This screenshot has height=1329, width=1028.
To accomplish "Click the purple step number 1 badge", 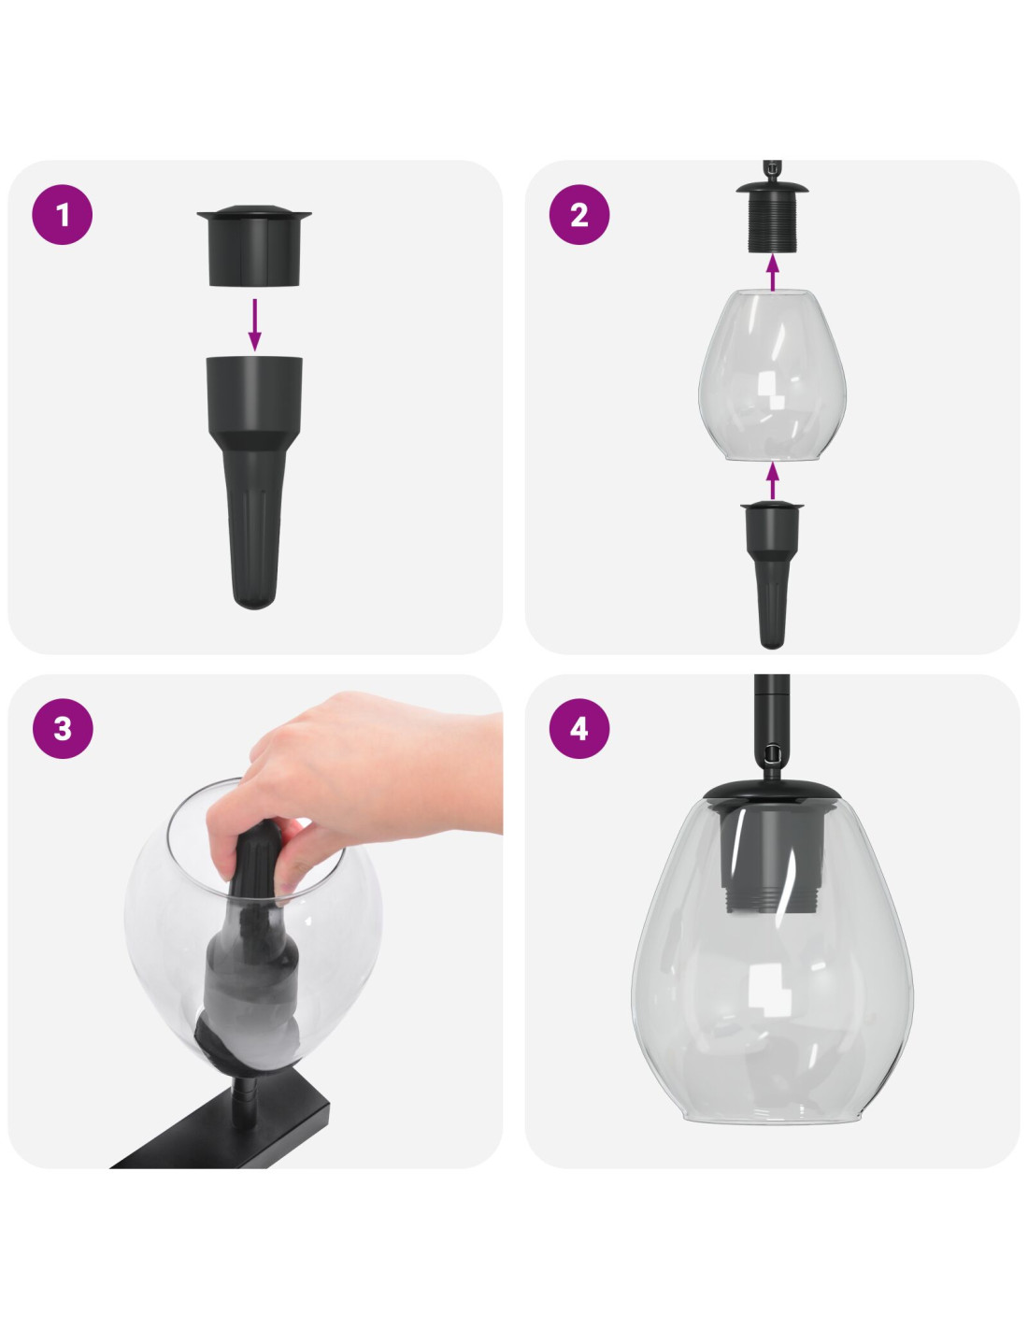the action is (63, 215).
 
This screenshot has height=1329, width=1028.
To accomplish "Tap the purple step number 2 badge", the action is (579, 215).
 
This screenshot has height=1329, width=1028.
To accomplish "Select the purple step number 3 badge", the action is (63, 728).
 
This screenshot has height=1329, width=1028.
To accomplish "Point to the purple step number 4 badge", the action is (579, 728).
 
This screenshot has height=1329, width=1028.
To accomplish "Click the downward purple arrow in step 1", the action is (255, 324).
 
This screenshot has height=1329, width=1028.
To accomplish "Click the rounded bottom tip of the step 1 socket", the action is (255, 599).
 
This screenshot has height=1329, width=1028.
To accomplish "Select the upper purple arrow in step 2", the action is (773, 273).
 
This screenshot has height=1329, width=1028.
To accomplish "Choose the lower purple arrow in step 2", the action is (773, 480).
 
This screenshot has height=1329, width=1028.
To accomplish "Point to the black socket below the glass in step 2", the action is (772, 574).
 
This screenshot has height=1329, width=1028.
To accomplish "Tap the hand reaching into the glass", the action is (349, 777).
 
